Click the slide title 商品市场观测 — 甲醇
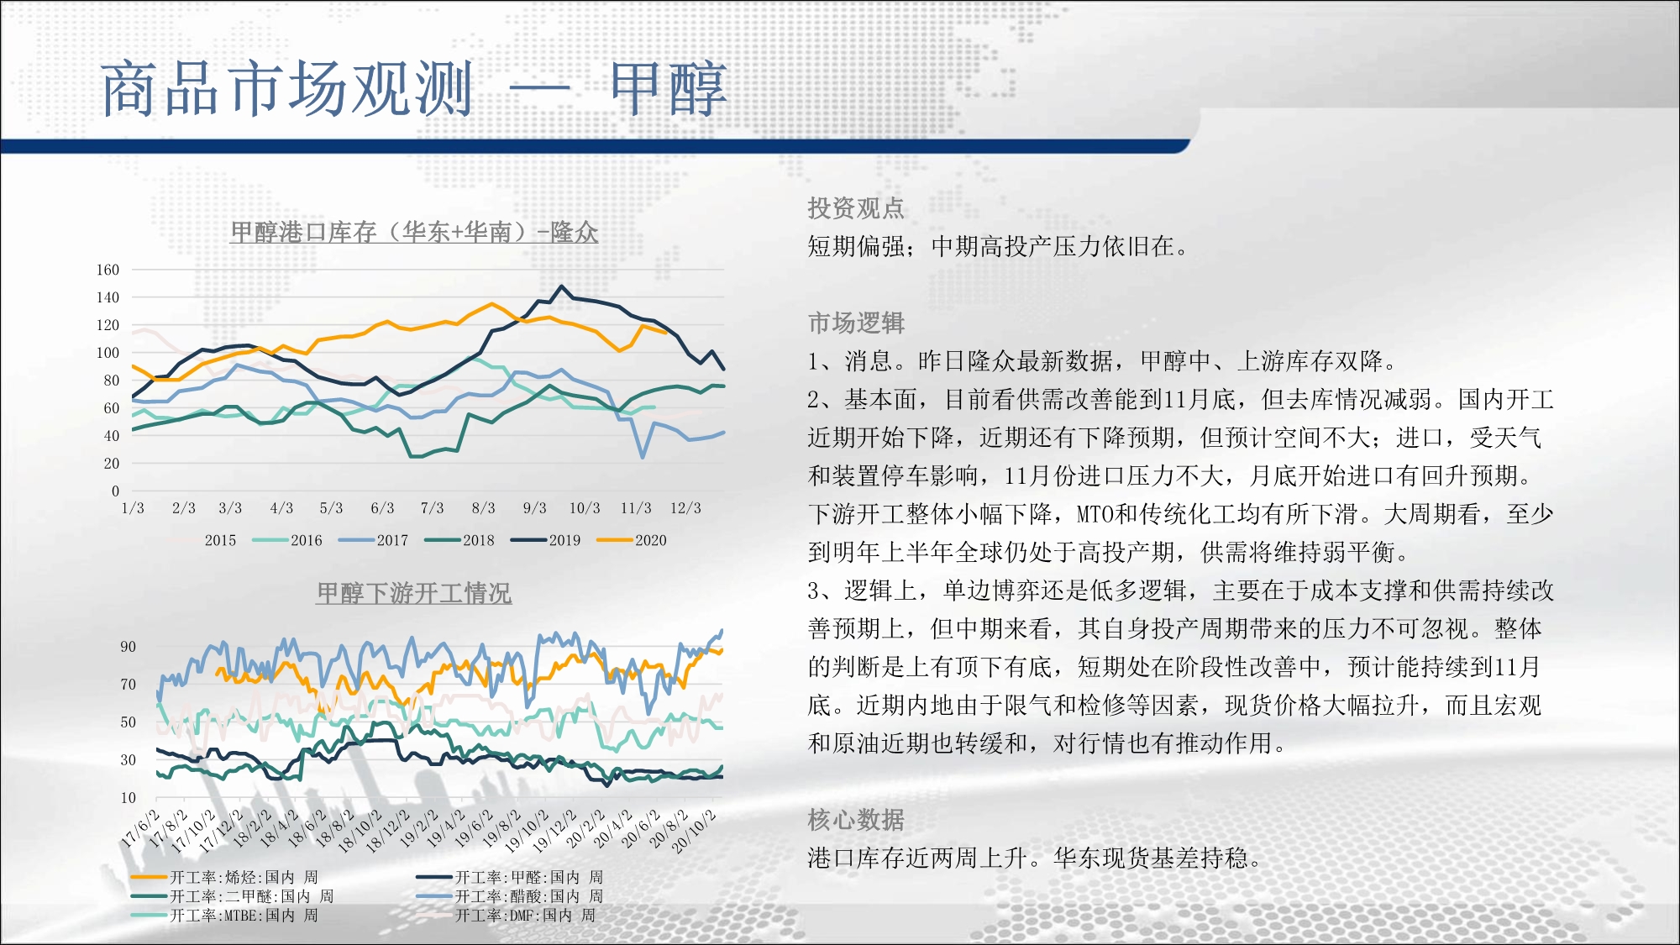(414, 89)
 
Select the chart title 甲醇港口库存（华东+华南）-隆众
(414, 232)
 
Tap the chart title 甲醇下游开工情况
(414, 593)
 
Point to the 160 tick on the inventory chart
(108, 270)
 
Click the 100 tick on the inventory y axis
(108, 353)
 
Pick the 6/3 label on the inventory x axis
(382, 508)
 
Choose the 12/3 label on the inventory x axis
(685, 508)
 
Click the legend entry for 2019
(546, 540)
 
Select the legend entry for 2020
(632, 540)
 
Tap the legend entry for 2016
(287, 540)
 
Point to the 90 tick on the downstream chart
(128, 647)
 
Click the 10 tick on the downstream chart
(128, 798)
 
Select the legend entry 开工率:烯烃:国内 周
(225, 877)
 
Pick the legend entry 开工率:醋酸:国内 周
(510, 896)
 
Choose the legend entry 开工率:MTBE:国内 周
(225, 916)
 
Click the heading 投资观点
(856, 207)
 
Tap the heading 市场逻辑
(856, 323)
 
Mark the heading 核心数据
(856, 819)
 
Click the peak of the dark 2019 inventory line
(562, 286)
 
